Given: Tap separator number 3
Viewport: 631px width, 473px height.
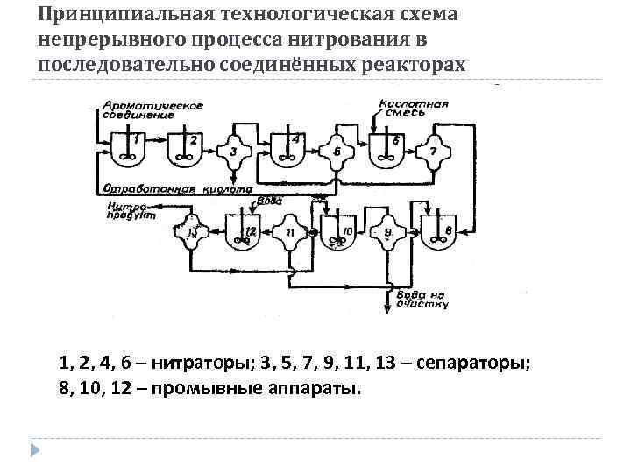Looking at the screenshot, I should pos(234,151).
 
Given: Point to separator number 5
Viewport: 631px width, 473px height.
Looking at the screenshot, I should pos(337,151).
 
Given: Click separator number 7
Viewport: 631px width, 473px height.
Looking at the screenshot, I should pos(432,151).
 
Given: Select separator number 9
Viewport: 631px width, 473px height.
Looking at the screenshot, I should pos(388,232).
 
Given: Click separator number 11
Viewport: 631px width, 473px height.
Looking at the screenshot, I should pos(291,232).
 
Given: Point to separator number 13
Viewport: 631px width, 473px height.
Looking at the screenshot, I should pos(194,232).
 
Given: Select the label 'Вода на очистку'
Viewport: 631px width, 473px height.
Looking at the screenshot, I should pos(422,300).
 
